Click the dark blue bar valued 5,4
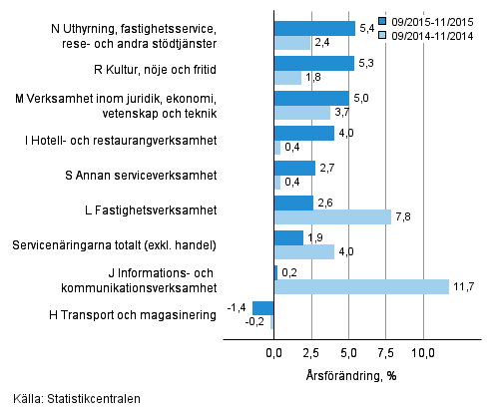point(314,28)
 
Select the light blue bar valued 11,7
point(361,287)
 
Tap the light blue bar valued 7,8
point(332,217)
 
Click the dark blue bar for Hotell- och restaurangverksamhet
point(304,134)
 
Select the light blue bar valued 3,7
point(301,113)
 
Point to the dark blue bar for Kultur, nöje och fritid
point(313,64)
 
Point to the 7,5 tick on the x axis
point(386,352)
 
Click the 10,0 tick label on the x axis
point(423,352)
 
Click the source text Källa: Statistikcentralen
point(71,399)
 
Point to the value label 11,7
point(464,287)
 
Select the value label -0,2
point(255,322)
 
